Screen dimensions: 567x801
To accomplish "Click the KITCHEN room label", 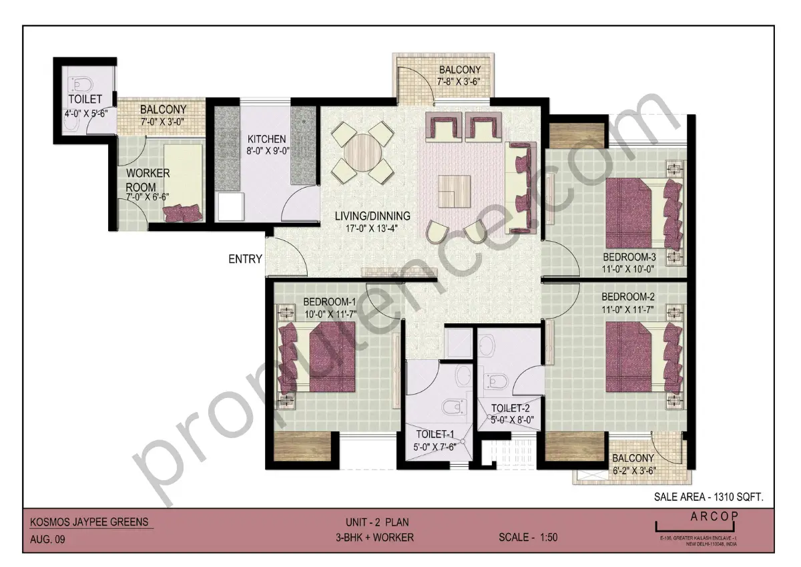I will click(x=267, y=139).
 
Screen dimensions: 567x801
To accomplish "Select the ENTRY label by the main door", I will click(x=245, y=259).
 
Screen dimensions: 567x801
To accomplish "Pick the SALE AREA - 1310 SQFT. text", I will click(x=708, y=497).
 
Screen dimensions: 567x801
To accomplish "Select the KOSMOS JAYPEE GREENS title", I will click(x=90, y=522).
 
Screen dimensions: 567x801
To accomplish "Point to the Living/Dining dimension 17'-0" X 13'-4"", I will click(x=373, y=228).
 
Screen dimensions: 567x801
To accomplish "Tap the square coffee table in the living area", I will click(x=454, y=190).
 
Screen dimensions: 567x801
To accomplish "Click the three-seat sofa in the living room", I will click(x=521, y=187).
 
